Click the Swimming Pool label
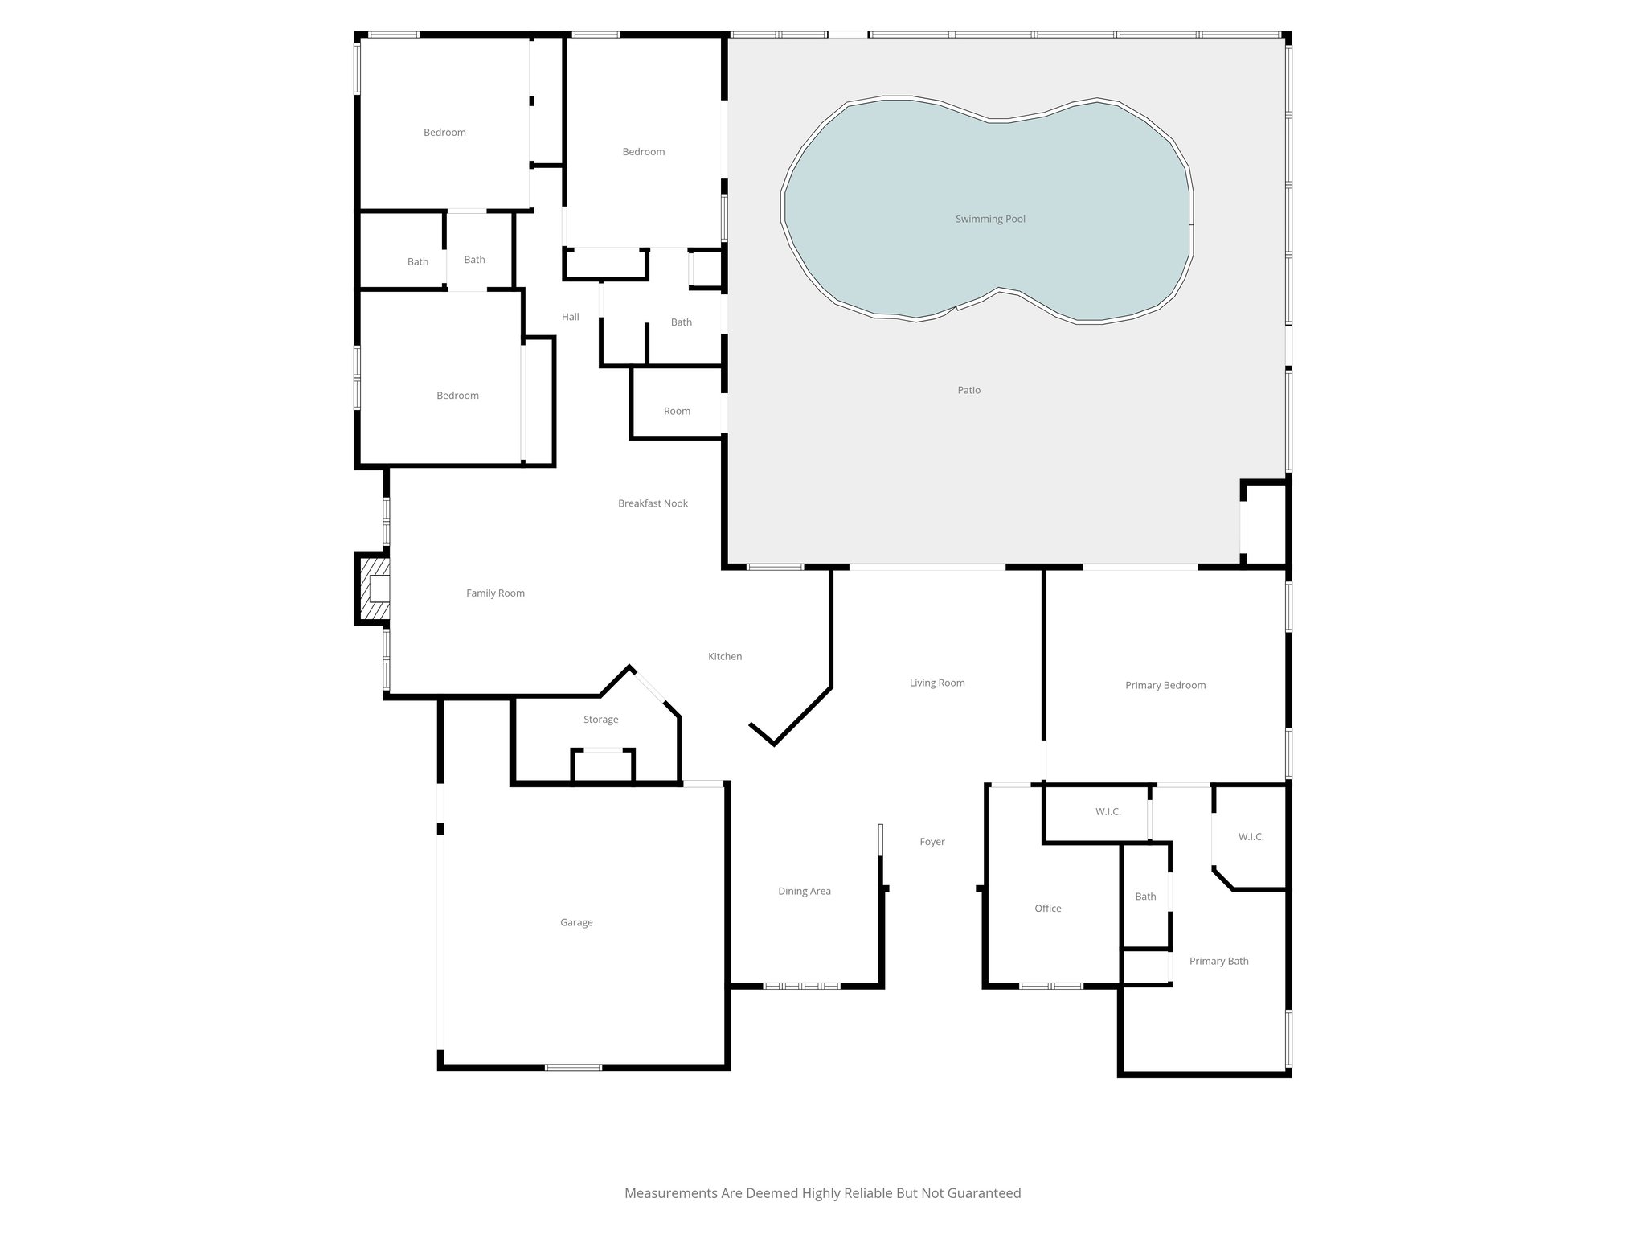coord(990,219)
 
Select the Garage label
coord(576,922)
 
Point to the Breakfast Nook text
coord(653,503)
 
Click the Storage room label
coord(600,720)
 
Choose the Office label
coord(1047,909)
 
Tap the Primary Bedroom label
coord(1165,685)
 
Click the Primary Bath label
coord(1218,961)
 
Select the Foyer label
coord(932,842)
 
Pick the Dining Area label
coord(804,891)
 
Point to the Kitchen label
coord(724,657)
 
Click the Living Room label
coord(936,683)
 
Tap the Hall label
coord(570,317)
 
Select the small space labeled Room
coord(677,411)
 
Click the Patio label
coord(968,390)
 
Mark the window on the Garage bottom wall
coord(573,1067)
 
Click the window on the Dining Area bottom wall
coord(800,986)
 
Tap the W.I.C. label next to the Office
coord(1108,812)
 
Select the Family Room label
coord(495,593)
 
